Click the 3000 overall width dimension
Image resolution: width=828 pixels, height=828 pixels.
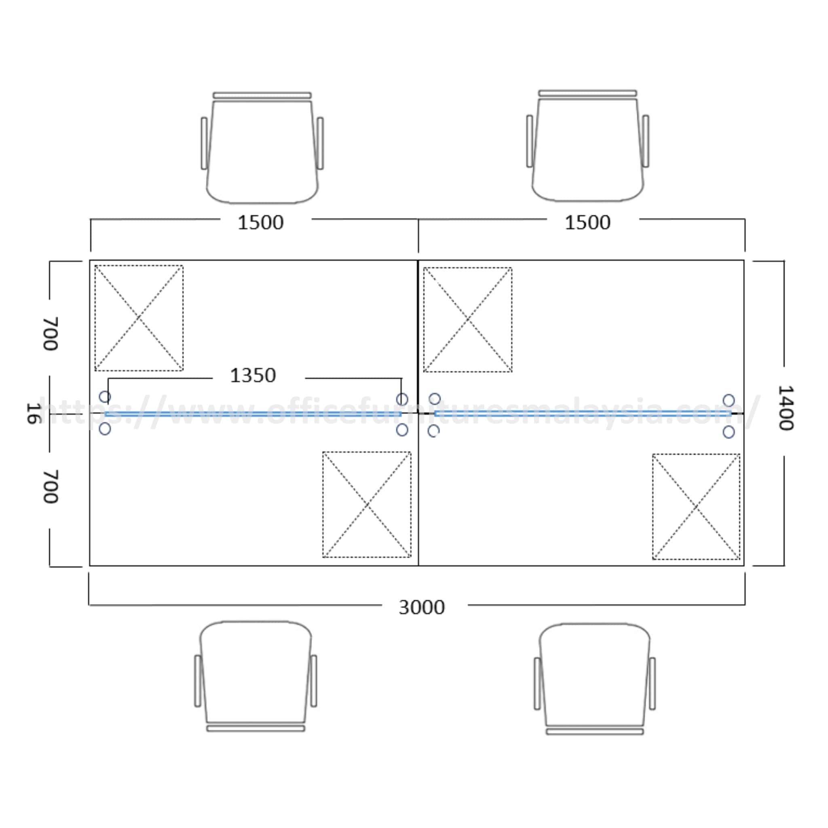tap(422, 607)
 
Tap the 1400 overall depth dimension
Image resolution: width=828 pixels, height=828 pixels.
tap(786, 408)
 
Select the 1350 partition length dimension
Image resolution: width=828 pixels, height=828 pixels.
tap(253, 376)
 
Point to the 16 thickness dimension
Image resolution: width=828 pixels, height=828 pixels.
tap(33, 413)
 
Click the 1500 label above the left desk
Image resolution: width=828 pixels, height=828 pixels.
tap(261, 222)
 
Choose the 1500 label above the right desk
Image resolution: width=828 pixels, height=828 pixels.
tap(587, 222)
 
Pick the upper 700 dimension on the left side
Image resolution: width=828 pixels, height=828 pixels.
tap(51, 334)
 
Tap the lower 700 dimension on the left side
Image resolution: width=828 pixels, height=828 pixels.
tap(51, 486)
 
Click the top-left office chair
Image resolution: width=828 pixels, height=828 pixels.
tap(262, 148)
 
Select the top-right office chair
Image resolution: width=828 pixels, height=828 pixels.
tap(587, 146)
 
